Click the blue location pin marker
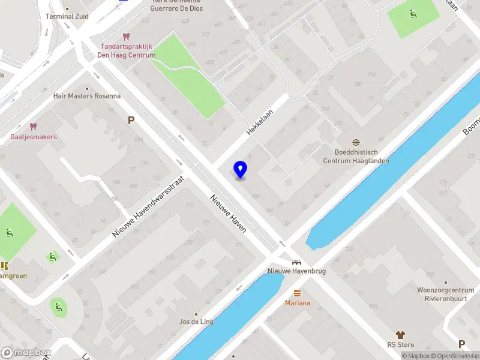pyautogui.click(x=240, y=170)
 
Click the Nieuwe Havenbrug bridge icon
pyautogui.click(x=296, y=262)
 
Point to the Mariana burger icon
pyautogui.click(x=297, y=293)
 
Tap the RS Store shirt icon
pyautogui.click(x=400, y=335)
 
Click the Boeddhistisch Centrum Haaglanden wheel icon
pyautogui.click(x=356, y=143)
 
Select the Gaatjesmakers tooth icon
pyautogui.click(x=33, y=127)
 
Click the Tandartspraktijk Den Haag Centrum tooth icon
pyautogui.click(x=126, y=37)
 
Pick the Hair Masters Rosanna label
pyautogui.click(x=87, y=95)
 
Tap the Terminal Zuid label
pyautogui.click(x=67, y=16)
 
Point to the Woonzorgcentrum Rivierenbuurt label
pyautogui.click(x=446, y=293)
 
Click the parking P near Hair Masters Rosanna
pyautogui.click(x=130, y=120)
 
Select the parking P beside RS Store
pyautogui.click(x=461, y=344)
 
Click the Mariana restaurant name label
pyautogui.click(x=297, y=303)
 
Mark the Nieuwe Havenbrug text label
pyautogui.click(x=296, y=271)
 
